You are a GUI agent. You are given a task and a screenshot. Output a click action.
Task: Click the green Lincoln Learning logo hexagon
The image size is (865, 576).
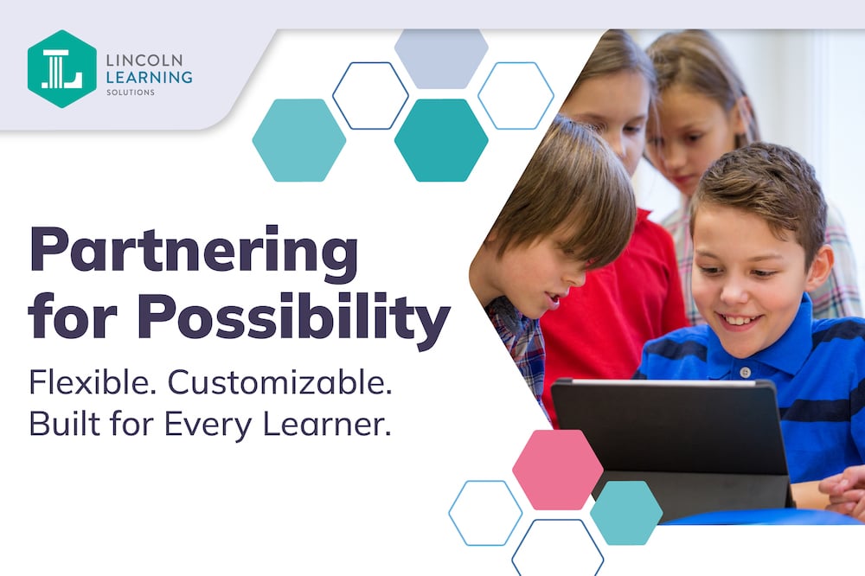click(61, 69)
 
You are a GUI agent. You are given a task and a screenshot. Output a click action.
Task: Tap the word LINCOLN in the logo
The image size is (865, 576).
click(144, 60)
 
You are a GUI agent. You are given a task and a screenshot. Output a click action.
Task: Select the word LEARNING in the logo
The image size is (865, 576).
click(149, 77)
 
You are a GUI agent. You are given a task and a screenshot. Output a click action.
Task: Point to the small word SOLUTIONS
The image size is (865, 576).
click(131, 93)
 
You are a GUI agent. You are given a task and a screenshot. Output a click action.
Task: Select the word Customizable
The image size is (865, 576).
click(279, 381)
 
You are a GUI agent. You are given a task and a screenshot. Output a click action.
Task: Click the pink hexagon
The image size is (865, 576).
click(558, 470)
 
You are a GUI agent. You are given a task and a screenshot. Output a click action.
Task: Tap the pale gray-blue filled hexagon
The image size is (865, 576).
click(441, 59)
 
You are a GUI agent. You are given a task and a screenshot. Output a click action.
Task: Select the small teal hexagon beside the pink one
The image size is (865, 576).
click(626, 513)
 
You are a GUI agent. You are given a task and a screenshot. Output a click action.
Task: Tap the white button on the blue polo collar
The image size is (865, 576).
click(745, 372)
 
